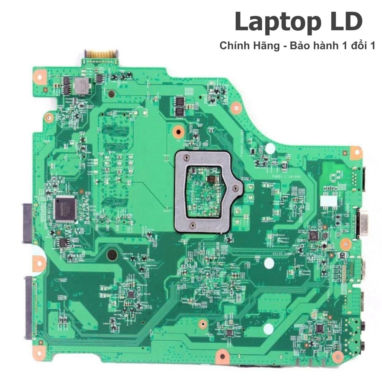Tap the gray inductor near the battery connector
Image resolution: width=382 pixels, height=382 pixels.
pos(81,85)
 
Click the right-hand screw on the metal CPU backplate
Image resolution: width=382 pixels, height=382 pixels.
pos(236,189)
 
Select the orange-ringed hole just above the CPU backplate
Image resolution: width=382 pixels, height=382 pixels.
pos(178,132)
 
